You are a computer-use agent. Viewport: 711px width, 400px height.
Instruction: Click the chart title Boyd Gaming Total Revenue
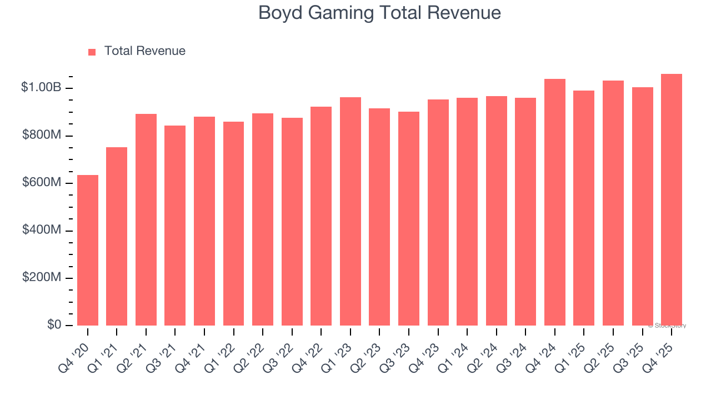pyautogui.click(x=379, y=13)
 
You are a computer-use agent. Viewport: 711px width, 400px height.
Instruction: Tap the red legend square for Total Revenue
pyautogui.click(x=92, y=52)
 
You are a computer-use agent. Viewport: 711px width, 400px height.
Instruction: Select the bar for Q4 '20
pyautogui.click(x=88, y=250)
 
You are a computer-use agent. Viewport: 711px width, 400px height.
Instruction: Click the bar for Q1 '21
pyautogui.click(x=117, y=236)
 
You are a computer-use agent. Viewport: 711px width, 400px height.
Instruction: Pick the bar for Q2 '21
pyautogui.click(x=146, y=219)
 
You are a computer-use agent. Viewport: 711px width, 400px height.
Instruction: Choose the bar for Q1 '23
pyautogui.click(x=351, y=211)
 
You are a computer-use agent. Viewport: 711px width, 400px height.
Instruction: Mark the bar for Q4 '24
pyautogui.click(x=555, y=202)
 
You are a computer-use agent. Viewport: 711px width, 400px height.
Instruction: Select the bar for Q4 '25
pyautogui.click(x=672, y=199)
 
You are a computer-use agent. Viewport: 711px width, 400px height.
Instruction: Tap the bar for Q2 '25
pyautogui.click(x=613, y=203)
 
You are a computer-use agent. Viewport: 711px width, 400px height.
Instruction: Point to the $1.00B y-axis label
pyautogui.click(x=41, y=88)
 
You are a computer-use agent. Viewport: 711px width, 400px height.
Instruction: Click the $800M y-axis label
pyautogui.click(x=42, y=136)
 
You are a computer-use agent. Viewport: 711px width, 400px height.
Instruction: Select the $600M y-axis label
pyautogui.click(x=42, y=183)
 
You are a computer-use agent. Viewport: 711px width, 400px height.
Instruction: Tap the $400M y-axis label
pyautogui.click(x=42, y=230)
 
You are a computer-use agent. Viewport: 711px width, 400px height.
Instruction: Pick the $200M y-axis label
pyautogui.click(x=42, y=277)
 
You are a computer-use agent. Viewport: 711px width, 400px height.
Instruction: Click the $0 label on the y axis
pyautogui.click(x=53, y=324)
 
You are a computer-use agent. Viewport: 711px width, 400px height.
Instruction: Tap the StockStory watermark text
pyautogui.click(x=667, y=326)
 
